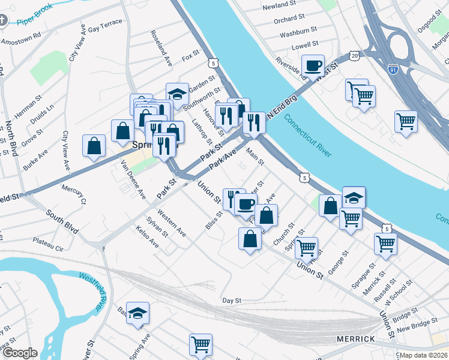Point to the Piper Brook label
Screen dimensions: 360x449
tap(35, 15)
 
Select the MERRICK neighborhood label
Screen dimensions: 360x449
tap(356, 339)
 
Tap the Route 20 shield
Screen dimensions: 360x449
tap(355, 55)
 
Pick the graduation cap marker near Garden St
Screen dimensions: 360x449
tap(177, 93)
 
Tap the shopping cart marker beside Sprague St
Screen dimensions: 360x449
tap(385, 244)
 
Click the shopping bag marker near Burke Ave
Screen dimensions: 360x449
tap(94, 145)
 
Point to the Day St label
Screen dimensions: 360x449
tap(231, 300)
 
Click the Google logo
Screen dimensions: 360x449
tap(19, 353)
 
